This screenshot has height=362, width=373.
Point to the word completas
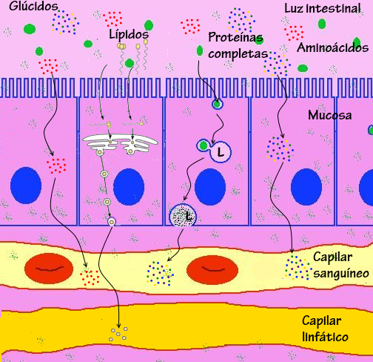tap(238, 53)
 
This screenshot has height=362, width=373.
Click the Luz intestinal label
tap(322, 9)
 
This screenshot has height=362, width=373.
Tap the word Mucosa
tap(329, 116)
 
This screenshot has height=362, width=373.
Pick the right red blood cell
tap(212, 268)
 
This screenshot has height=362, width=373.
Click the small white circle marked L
tap(221, 153)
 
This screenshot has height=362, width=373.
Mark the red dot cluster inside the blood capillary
tap(90, 277)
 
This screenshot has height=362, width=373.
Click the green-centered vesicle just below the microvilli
tap(217, 104)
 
